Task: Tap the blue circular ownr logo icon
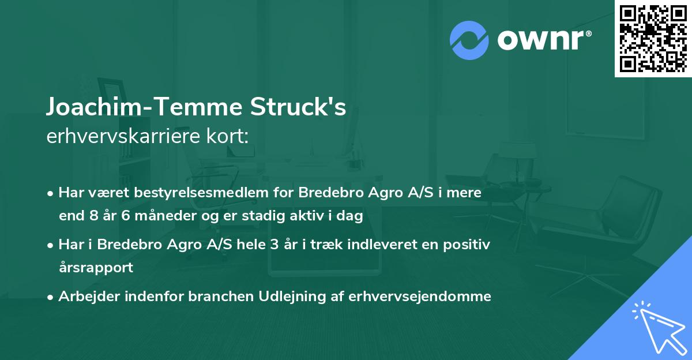pyautogui.click(x=469, y=40)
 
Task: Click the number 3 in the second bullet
pyautogui.click(x=270, y=245)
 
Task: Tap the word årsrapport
pyautogui.click(x=96, y=268)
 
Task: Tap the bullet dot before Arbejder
pyautogui.click(x=51, y=297)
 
